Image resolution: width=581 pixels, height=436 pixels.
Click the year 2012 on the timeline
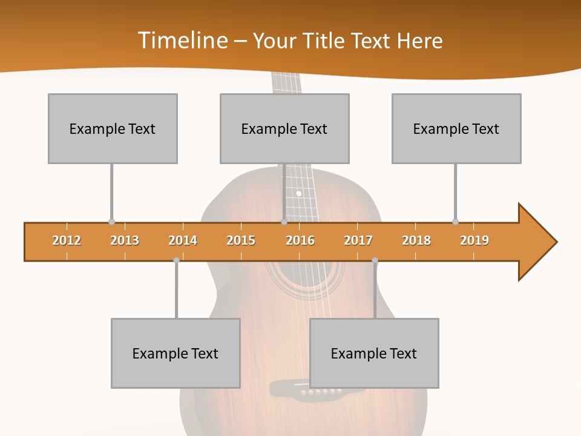[x=67, y=240]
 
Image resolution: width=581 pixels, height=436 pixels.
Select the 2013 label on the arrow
[x=125, y=240]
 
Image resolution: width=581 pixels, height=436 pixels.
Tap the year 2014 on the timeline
[x=183, y=240]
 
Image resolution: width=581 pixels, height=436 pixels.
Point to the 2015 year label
[x=241, y=240]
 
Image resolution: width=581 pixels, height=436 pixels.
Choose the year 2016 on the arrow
[x=300, y=240]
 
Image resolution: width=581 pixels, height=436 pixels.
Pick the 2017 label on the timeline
[x=358, y=240]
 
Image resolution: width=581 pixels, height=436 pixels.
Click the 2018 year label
[x=416, y=240]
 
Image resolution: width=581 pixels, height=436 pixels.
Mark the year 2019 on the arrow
[x=474, y=240]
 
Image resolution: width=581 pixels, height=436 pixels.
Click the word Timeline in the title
[x=182, y=41]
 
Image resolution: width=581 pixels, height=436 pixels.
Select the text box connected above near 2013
[x=113, y=128]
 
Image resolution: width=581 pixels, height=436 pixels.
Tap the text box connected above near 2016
[x=284, y=128]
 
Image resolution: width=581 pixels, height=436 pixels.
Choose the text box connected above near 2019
[x=456, y=128]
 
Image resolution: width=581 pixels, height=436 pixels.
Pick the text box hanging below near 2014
[x=176, y=353]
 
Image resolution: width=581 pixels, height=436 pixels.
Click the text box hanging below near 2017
[x=374, y=353]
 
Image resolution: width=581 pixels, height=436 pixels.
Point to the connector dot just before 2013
[x=111, y=222]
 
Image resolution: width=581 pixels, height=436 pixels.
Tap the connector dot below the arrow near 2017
[x=375, y=260]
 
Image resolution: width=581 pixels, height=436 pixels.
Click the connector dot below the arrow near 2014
[x=176, y=260]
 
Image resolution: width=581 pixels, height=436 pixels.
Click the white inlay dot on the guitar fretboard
[x=298, y=194]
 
